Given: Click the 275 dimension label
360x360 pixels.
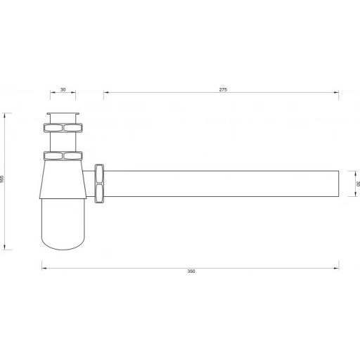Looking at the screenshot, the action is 223,89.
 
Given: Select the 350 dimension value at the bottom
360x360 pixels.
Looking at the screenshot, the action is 191,271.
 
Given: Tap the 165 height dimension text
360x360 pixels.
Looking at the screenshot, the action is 2,179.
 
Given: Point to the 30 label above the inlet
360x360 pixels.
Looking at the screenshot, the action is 63,89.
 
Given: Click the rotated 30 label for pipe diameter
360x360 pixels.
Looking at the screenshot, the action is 358,184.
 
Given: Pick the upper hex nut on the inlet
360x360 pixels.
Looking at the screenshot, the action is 63,128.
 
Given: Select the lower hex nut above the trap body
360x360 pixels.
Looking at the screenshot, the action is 63,156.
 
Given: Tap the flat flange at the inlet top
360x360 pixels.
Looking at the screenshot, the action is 63,114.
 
